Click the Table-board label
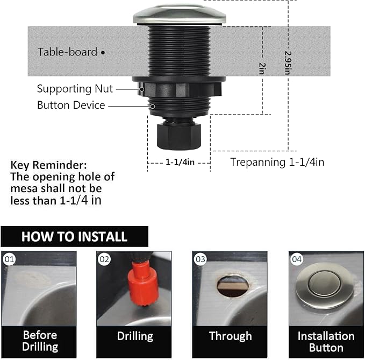click(x=67, y=52)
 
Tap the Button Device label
click(x=70, y=105)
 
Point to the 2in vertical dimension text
click(x=262, y=68)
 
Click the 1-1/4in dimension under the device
click(x=179, y=161)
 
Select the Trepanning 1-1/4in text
click(x=277, y=161)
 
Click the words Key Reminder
click(x=48, y=165)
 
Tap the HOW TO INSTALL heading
click(x=74, y=237)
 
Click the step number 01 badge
click(x=9, y=259)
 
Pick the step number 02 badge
click(x=104, y=259)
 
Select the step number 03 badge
click(x=201, y=259)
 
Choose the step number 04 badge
click(x=297, y=259)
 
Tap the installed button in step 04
click(x=323, y=284)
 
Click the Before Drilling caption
click(x=40, y=341)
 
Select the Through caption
click(x=230, y=336)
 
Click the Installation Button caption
click(x=326, y=342)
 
